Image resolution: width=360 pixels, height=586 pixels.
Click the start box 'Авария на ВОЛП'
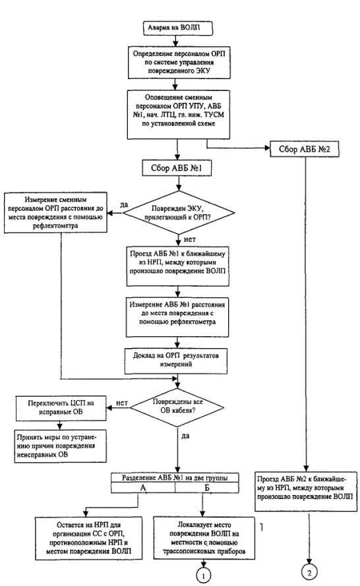(x=178, y=28)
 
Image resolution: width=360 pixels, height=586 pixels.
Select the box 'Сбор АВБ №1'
(x=177, y=168)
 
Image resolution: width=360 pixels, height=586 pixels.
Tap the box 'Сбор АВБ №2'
(x=305, y=149)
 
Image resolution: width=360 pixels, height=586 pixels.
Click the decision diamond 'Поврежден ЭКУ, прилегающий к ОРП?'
(x=179, y=213)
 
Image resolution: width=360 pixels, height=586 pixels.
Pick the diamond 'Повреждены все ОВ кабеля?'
(x=177, y=407)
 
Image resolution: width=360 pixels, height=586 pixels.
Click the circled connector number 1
(x=203, y=575)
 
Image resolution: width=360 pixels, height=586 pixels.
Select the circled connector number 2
(x=309, y=572)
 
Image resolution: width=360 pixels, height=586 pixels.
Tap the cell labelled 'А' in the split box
(x=143, y=488)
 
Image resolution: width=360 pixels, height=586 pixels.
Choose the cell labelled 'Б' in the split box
(x=207, y=488)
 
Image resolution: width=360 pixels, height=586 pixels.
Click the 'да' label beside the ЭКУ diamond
(x=124, y=204)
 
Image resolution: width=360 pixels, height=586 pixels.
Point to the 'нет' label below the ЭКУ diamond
(x=189, y=239)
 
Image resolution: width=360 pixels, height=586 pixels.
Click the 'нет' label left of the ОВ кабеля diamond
(x=122, y=403)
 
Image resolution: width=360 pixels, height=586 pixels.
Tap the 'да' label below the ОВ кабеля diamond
(x=185, y=436)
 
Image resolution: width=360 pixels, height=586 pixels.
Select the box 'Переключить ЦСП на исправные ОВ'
(x=61, y=408)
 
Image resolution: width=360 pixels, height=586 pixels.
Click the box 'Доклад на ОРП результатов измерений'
(x=175, y=361)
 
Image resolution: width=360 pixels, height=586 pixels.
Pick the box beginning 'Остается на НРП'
(x=88, y=538)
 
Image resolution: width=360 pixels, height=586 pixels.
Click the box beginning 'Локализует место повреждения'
(x=204, y=538)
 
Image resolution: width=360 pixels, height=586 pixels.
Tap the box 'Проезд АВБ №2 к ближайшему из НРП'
(x=306, y=492)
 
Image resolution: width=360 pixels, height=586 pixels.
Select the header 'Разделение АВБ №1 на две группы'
(x=175, y=478)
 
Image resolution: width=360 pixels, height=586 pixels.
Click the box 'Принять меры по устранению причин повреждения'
(x=60, y=446)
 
